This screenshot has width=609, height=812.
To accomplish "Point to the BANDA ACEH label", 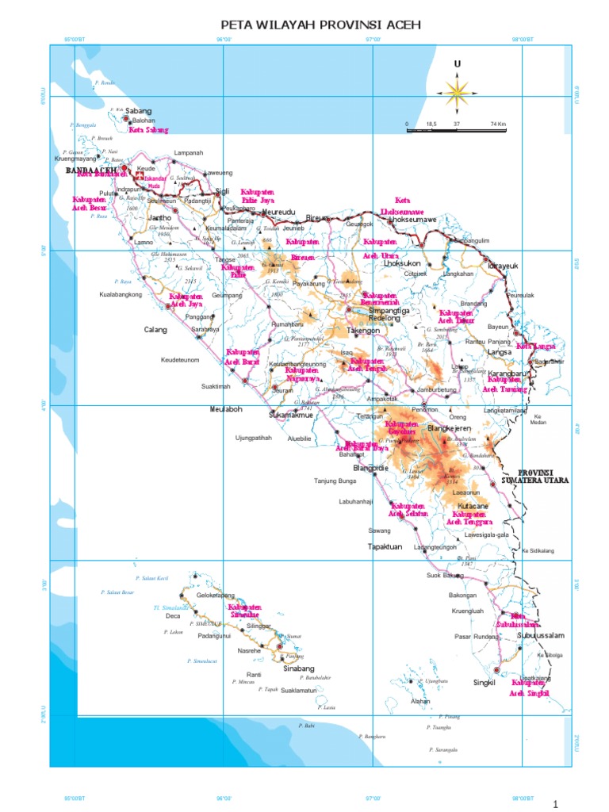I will pos(91,170).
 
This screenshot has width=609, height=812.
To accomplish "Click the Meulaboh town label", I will pos(225,410).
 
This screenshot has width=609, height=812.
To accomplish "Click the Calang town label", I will pos(155,330).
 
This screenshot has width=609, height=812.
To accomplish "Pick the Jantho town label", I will pos(159,217).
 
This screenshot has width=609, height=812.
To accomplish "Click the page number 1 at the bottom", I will pos(556,803).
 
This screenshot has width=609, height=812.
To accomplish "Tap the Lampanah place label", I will pos(189,152).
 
